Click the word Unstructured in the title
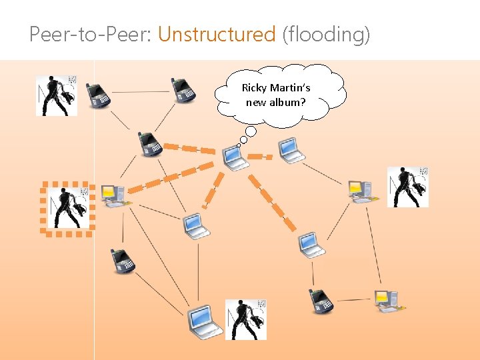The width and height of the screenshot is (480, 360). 217,34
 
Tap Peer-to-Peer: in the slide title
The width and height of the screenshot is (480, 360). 91,34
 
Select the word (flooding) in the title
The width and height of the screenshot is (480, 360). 325,34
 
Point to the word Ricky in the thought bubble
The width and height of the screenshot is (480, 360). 253,88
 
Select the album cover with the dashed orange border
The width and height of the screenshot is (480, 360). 67,207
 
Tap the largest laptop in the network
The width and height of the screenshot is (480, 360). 203,321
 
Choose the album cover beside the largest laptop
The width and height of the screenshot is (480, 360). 245,319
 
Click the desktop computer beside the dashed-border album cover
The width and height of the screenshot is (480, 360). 112,195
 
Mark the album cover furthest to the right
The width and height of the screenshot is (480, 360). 408,187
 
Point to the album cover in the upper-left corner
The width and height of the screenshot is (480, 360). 57,95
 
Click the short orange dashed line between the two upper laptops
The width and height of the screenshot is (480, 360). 259,157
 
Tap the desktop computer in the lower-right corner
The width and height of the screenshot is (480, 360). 387,300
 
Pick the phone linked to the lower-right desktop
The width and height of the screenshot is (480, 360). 321,301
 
